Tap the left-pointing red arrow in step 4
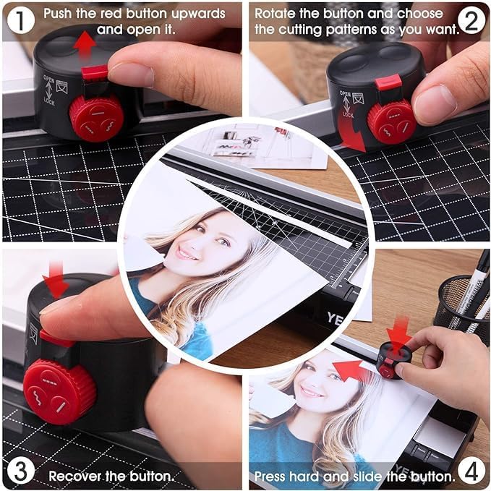pyautogui.click(x=350, y=370)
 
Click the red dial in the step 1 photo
pyautogui.click(x=95, y=117)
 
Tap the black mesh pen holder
pyautogui.click(x=461, y=304)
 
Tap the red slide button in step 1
pyautogui.click(x=95, y=72)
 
